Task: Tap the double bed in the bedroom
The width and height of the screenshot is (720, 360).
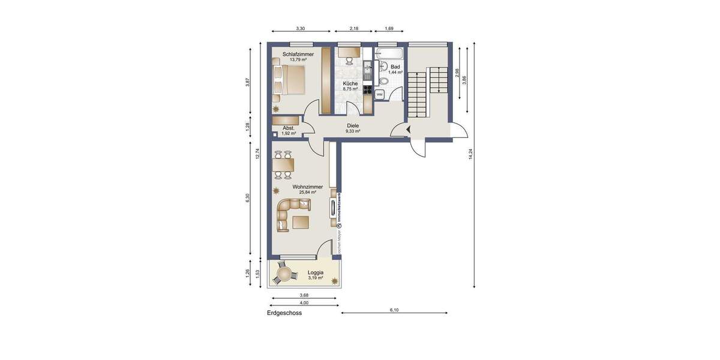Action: point(290,80)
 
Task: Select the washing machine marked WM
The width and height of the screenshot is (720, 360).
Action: point(380,94)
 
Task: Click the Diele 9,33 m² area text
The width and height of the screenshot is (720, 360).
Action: point(353,128)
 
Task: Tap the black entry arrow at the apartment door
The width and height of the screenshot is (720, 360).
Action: point(408,130)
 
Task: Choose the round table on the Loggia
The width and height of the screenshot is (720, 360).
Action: point(284,275)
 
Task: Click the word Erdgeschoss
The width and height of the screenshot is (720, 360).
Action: point(284,313)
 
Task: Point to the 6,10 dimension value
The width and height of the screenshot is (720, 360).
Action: point(394,310)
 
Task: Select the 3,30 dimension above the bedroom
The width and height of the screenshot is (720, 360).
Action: point(301,28)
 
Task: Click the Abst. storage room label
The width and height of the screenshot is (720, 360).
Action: point(289,128)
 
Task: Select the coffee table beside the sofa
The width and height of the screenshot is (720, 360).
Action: point(301,223)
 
